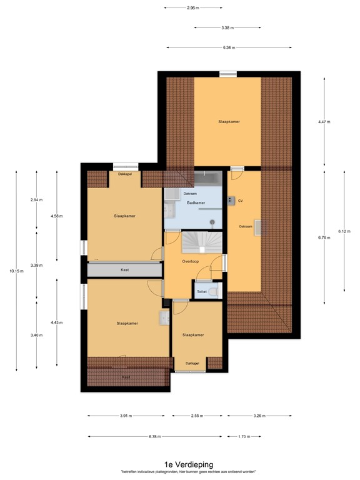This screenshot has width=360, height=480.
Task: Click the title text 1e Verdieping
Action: pyautogui.click(x=188, y=464)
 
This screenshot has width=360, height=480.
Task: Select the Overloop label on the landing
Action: pyautogui.click(x=191, y=261)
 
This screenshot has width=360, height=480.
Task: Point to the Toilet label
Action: pyautogui.click(x=202, y=292)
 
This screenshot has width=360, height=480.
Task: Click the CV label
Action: pyautogui.click(x=240, y=201)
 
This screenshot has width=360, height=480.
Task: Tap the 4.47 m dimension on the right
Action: pyautogui.click(x=325, y=122)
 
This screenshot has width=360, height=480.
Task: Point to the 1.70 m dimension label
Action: pyautogui.click(x=245, y=436)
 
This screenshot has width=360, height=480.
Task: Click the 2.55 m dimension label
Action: pyautogui.click(x=197, y=416)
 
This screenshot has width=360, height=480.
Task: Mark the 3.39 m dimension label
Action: pyautogui.click(x=36, y=266)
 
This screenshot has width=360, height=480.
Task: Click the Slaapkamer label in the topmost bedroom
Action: pyautogui.click(x=229, y=121)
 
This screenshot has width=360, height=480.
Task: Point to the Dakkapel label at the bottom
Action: pyautogui.click(x=192, y=363)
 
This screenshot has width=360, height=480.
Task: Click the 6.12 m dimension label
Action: pyautogui.click(x=345, y=230)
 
